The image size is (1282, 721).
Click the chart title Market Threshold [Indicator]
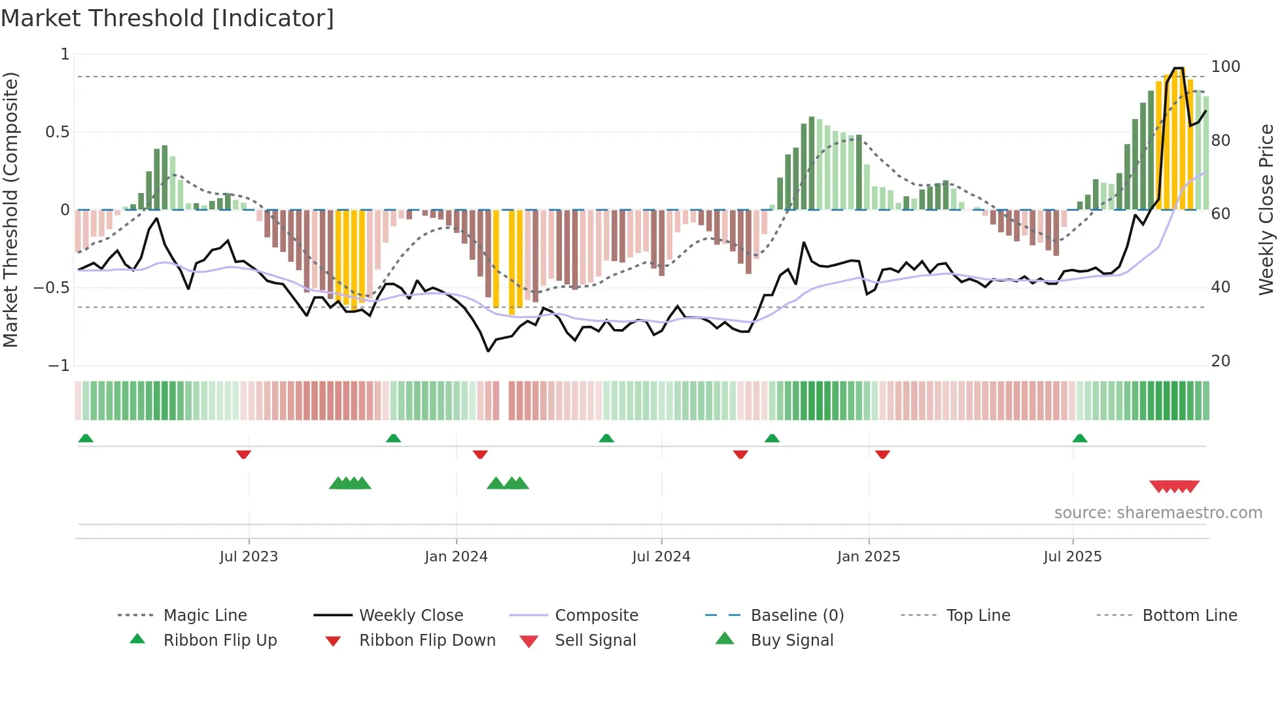coord(167,18)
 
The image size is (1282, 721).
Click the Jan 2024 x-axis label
coord(456,556)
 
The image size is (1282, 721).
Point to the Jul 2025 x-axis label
coord(1072,556)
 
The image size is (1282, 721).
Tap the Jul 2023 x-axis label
coord(249,556)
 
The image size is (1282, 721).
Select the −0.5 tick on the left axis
coord(52,287)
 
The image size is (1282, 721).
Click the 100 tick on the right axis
coord(1225,67)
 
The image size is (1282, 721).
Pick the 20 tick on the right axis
coord(1221,361)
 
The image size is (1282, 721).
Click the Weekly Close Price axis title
coord(1266,209)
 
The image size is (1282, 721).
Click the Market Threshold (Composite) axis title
coord(10,209)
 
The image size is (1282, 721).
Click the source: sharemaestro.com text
coord(1158,512)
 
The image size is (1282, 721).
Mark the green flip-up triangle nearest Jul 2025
coord(1080,438)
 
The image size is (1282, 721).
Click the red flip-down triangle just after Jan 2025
coord(882,454)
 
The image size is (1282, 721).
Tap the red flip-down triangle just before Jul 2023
coord(243,454)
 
